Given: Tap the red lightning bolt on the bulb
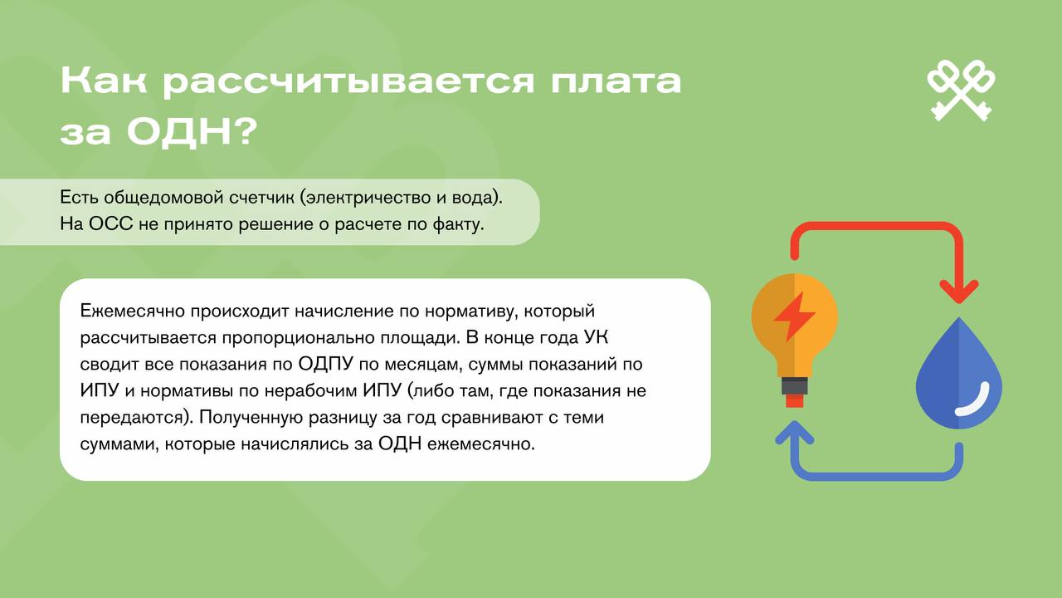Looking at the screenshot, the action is coord(794,316).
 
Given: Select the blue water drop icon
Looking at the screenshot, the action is coord(958,373).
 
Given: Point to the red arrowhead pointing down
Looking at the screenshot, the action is coord(959,292).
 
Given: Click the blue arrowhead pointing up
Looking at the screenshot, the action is coord(795,433).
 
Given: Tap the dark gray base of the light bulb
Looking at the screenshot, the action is coord(795,386).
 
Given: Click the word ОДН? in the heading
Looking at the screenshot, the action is coord(192,131).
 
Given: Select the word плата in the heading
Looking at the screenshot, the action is coord(616,81).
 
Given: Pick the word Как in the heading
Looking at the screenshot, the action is coord(104,81).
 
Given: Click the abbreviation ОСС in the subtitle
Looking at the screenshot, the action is coord(110,223).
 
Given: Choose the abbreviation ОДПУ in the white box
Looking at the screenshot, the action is coord(326,365).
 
